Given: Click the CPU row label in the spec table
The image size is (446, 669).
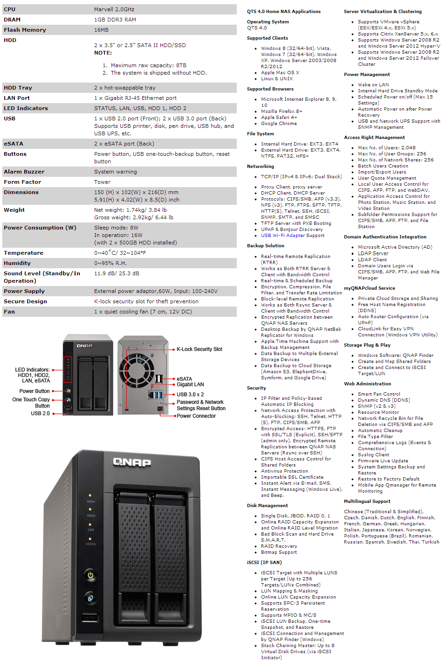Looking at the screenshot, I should (10, 9).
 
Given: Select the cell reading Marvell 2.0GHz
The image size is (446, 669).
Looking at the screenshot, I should (114, 9).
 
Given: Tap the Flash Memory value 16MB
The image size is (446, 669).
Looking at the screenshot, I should (101, 30).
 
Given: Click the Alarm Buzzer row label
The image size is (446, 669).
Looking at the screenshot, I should (24, 172).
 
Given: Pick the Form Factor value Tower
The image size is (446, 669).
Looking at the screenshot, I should (102, 182).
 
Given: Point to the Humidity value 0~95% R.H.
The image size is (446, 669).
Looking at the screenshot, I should (110, 263).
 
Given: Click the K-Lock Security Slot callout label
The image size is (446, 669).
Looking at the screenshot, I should (199, 349).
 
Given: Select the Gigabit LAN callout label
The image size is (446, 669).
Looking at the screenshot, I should (190, 384).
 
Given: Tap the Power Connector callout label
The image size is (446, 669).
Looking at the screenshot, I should (196, 416).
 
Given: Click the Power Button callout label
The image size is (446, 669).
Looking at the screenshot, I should (34, 391).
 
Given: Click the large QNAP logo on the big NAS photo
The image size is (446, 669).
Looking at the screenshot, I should (132, 462).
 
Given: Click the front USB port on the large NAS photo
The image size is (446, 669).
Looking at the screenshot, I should (90, 618).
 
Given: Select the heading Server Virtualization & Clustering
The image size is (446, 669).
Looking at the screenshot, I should (383, 12).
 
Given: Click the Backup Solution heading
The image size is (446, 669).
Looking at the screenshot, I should (265, 246).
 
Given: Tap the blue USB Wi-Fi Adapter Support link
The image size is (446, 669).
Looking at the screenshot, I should (292, 236).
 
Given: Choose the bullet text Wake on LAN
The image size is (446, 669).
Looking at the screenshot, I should (373, 85).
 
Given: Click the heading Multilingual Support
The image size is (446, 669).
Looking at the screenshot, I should (367, 502).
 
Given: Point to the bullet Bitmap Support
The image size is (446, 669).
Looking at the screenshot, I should (279, 552).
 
